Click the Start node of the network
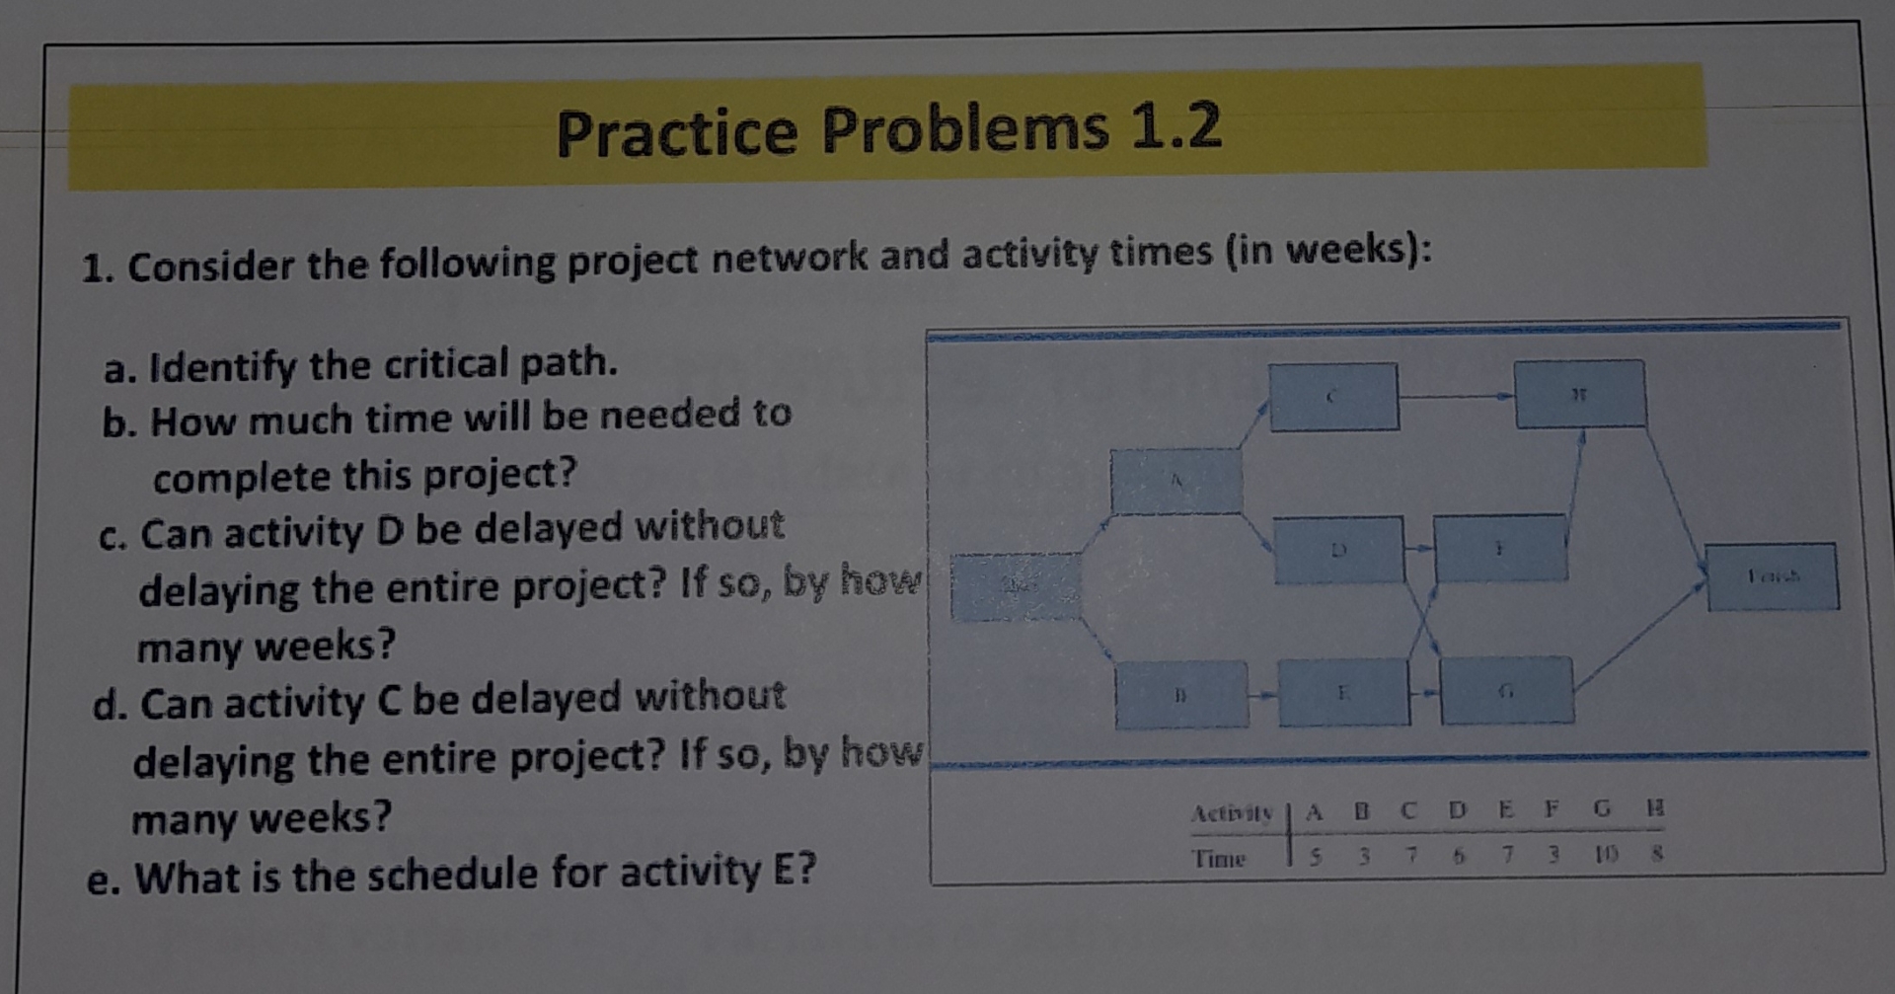click(1016, 587)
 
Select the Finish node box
click(1773, 576)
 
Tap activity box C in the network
click(1333, 397)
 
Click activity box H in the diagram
click(1579, 394)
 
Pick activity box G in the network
click(1506, 691)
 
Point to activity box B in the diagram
click(1180, 695)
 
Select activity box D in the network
click(1338, 550)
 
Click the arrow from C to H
click(1456, 397)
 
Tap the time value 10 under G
click(1603, 855)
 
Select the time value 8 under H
click(1657, 854)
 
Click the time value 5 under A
click(1315, 857)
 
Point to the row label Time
click(1219, 858)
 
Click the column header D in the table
click(1457, 811)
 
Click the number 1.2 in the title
click(1175, 126)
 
